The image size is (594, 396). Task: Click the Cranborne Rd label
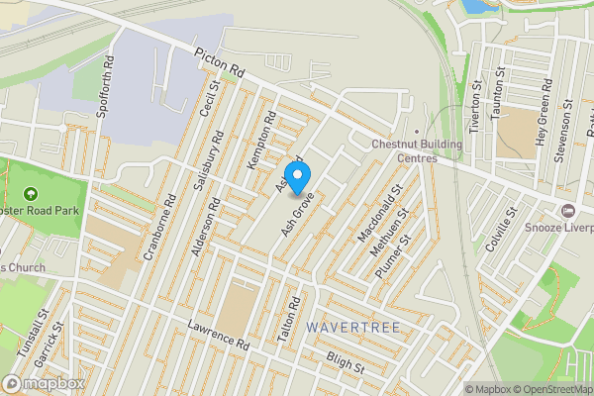(x=159, y=227)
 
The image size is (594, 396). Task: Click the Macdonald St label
(x=380, y=214)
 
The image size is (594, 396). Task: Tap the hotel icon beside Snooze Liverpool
(x=568, y=210)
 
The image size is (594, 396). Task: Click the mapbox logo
(x=44, y=383)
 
